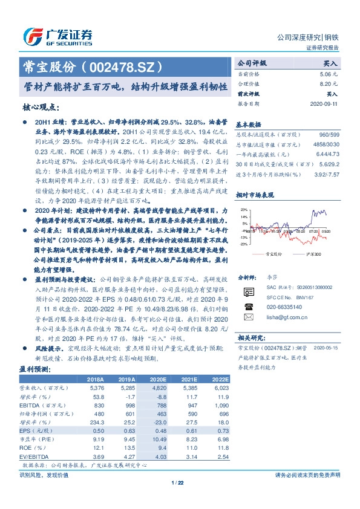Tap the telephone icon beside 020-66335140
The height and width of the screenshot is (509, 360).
tap(248, 306)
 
